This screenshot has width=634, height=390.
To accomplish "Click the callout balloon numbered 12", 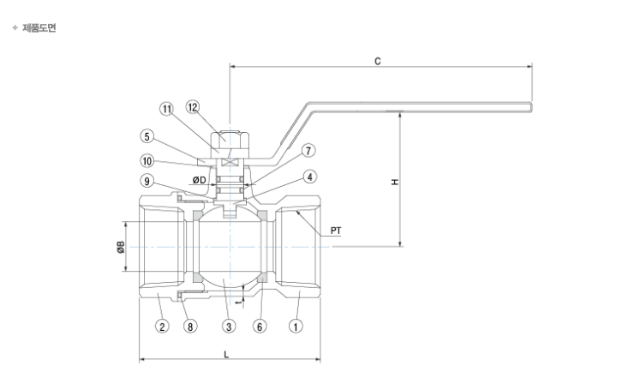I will pos(193,108).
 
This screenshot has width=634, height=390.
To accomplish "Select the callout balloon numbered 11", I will pos(167,109).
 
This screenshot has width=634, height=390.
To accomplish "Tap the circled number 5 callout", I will pos(147,135).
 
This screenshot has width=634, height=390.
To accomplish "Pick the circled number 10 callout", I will pos(147,159).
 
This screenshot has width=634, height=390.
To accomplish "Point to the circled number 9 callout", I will pos(147,181).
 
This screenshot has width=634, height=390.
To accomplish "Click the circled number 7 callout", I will pos(308,150).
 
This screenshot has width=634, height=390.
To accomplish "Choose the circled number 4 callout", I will pos(308,177).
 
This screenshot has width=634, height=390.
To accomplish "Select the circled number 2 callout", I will pos(160,327).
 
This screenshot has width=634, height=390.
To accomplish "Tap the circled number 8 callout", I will pos(190,327).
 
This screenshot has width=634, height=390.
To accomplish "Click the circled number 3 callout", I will pos(229,327).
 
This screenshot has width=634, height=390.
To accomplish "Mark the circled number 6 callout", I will pos(260,327).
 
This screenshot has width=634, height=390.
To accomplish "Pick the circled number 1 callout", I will pos(296,327).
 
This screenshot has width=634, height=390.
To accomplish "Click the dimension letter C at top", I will pos(377,63).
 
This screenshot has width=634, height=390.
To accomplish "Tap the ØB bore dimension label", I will pos(122,247).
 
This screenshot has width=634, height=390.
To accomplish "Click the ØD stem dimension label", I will pos(198,180).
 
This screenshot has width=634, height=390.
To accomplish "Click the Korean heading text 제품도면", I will pos(39,28).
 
